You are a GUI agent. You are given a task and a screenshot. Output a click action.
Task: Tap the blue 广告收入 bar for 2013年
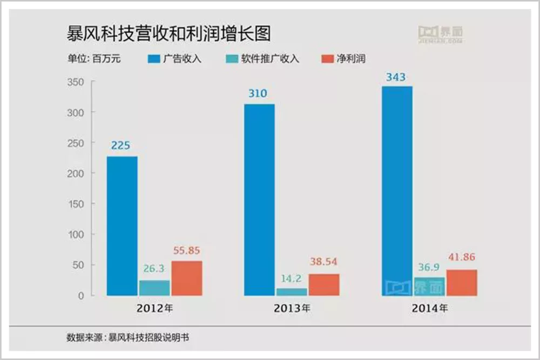coord(259,200)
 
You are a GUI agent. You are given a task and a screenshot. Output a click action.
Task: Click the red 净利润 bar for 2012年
coord(187,279)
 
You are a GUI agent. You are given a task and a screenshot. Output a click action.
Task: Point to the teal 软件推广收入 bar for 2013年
coord(292,292)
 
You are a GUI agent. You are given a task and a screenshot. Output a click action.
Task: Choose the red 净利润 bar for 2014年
coord(462,283)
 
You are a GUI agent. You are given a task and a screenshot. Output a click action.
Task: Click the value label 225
coord(122,145)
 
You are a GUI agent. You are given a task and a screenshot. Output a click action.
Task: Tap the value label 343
coord(396,77)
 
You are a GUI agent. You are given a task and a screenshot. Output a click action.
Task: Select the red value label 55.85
coord(187,251)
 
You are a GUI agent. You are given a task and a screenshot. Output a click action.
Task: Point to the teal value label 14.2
coord(292,279)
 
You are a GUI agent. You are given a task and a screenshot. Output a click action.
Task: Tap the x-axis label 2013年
coord(292,310)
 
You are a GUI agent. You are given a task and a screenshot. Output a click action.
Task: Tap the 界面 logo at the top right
coord(440,33)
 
